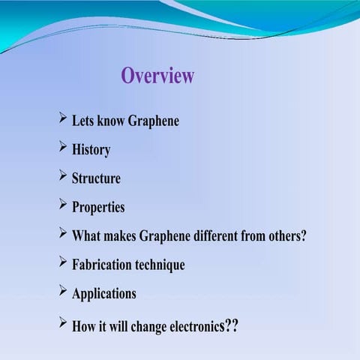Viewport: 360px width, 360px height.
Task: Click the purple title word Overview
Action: click(157, 76)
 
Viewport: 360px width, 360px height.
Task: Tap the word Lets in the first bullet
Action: click(82, 121)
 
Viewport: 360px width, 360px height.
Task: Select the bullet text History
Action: click(91, 149)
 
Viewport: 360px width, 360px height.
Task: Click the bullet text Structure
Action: click(95, 178)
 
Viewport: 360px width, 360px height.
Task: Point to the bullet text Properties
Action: click(97, 207)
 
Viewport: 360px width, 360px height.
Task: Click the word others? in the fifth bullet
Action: click(284, 235)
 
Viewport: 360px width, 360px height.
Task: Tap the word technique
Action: click(160, 265)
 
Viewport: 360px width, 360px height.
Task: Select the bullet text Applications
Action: click(103, 293)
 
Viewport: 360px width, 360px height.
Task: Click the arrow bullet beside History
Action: click(61, 147)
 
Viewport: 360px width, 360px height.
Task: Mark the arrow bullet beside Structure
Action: click(61, 175)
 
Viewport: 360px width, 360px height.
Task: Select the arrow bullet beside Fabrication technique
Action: click(61, 262)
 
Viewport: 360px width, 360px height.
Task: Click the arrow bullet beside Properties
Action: click(61, 204)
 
